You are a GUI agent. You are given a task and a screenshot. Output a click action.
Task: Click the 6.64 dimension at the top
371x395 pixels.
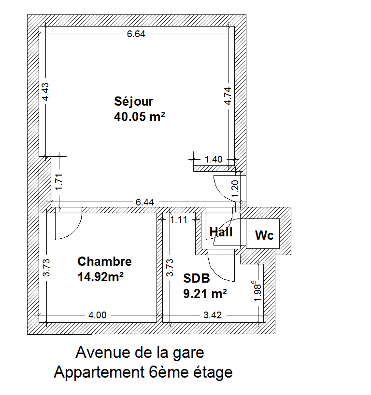coord(136,34)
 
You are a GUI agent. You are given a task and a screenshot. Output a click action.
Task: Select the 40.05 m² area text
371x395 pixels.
coord(140,117)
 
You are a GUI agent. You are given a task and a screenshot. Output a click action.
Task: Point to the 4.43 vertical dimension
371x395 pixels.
coord(45,92)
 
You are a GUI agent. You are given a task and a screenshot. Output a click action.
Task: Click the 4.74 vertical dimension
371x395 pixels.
coord(228,96)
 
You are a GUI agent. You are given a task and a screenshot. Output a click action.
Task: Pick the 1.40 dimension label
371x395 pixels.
coord(214,160)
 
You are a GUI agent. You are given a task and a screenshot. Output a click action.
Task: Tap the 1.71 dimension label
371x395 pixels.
coord(59,182)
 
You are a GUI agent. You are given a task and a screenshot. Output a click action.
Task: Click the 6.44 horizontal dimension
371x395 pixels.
coord(145,202)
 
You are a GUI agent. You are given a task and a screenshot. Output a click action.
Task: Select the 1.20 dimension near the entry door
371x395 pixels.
coord(236,188)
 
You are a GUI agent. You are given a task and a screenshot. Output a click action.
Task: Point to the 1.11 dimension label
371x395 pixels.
coord(179,220)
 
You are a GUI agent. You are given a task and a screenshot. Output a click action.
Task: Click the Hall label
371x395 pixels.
coord(221,232)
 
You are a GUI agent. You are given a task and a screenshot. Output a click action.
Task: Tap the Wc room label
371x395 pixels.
coord(264,235)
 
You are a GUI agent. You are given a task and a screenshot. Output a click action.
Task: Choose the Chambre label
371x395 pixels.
coord(105,261)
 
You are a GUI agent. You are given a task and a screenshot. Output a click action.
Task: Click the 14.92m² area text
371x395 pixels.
coord(101,277)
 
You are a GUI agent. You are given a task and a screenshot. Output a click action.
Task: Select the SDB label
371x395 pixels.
coord(196,278)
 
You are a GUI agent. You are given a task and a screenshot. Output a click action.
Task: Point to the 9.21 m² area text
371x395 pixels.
coord(205,294)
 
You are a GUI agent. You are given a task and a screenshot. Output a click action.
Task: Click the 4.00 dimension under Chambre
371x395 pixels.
coord(97,315)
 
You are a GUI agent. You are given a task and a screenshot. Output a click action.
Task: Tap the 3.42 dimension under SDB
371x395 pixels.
coord(212,315)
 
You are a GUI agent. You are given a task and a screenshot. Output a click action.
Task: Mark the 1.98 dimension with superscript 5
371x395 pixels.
coord(258,291)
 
